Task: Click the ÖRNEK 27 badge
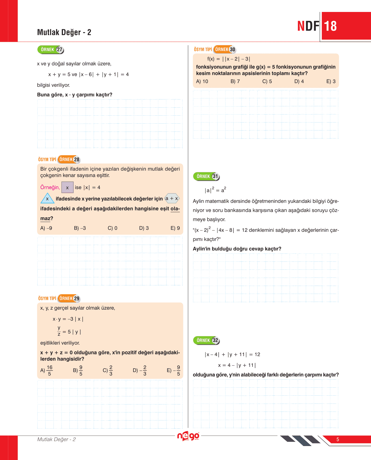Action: point(51,50)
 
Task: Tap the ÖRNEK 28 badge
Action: point(69,160)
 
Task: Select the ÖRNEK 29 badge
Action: point(69,299)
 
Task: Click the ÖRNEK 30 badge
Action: point(225,49)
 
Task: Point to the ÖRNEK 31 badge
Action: point(206,176)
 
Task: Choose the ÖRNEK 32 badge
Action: point(206,340)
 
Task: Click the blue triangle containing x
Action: point(47,199)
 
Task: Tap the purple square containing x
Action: point(67,187)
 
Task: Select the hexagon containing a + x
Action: point(172,198)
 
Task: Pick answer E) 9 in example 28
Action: point(175,228)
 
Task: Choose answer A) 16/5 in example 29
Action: point(46,370)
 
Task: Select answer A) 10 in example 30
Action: point(202,81)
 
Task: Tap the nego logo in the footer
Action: point(188,436)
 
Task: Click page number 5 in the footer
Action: point(338,439)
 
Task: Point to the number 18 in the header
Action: point(330,26)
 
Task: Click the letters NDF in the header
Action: point(308,26)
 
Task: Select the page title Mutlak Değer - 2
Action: point(64,32)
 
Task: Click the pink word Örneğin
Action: point(50,187)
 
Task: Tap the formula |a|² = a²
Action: point(215,190)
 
